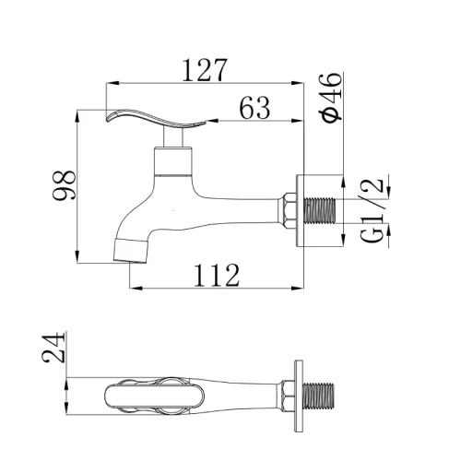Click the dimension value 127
click(205, 70)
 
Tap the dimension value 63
click(254, 108)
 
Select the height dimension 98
click(64, 185)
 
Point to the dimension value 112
click(217, 276)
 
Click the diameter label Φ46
click(331, 98)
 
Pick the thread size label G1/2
click(372, 210)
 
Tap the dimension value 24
click(53, 348)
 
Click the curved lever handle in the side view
click(155, 118)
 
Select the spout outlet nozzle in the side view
click(130, 250)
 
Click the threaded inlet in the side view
click(319, 210)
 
